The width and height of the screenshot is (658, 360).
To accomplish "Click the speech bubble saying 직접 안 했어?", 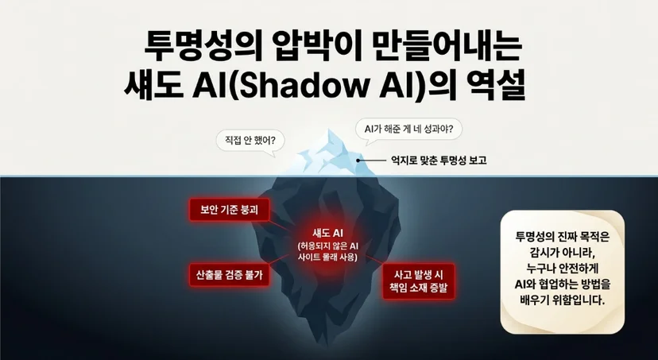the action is click(x=250, y=140).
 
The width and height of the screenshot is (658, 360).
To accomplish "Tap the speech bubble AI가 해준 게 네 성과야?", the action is click(x=408, y=130).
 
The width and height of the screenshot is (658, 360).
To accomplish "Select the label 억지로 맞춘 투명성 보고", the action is click(x=439, y=161).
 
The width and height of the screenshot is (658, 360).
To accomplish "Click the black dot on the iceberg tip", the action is click(x=358, y=160).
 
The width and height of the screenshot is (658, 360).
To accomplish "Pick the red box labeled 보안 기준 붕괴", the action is click(x=229, y=210).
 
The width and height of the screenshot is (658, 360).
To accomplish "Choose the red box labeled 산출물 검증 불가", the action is click(x=229, y=275).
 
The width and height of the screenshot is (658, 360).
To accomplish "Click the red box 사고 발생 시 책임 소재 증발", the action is click(x=418, y=281).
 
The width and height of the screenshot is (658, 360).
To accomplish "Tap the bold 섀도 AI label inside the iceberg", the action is click(x=327, y=234).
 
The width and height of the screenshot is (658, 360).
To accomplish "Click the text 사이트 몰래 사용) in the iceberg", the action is click(x=327, y=257).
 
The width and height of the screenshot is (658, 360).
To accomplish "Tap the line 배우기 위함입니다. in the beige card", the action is click(x=563, y=300).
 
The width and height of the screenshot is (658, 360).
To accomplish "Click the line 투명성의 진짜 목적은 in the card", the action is click(x=563, y=237).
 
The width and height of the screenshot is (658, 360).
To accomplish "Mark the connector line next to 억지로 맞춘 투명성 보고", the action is click(x=373, y=160).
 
